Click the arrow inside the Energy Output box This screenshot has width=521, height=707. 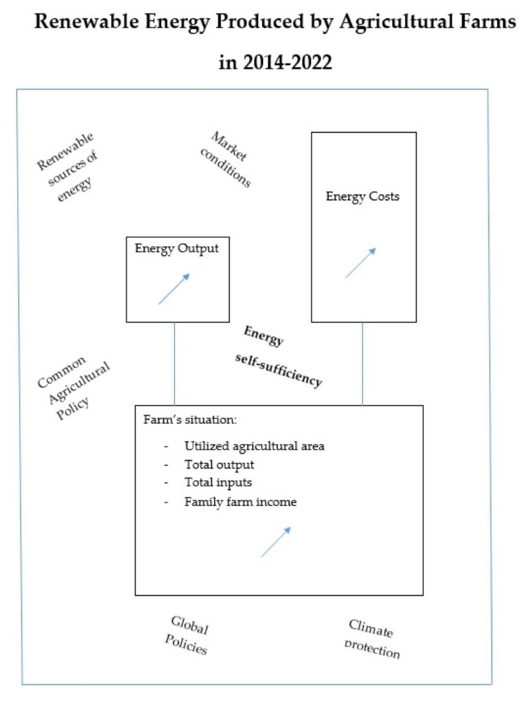(x=174, y=289)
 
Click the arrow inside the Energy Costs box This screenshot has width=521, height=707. (x=360, y=263)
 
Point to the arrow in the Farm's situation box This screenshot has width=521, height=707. (x=276, y=541)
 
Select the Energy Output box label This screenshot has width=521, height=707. (x=177, y=248)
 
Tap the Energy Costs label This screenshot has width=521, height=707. (x=362, y=196)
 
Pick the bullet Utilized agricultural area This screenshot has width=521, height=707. (x=254, y=446)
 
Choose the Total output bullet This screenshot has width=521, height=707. (x=219, y=465)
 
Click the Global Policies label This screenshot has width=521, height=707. (x=187, y=636)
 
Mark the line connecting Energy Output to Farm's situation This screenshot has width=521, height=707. (x=174, y=364)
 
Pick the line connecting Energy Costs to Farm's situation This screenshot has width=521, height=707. (x=362, y=364)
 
